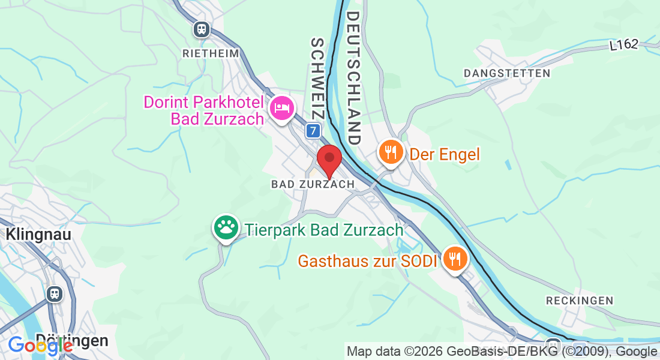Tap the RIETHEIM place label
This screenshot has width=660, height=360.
[x=211, y=53]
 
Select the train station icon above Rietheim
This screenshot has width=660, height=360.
[x=202, y=28]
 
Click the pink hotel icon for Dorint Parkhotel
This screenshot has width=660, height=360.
[x=281, y=108]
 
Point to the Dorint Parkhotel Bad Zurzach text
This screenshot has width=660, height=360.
[x=204, y=110]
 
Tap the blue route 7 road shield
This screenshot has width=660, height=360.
[x=312, y=130]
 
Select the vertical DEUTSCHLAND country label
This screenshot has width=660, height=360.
[x=353, y=77]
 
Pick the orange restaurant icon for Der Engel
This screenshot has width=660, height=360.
[x=391, y=152]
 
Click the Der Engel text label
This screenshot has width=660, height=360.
[x=445, y=155]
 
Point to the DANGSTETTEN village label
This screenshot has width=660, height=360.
[x=507, y=73]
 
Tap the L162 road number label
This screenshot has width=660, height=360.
[x=624, y=44]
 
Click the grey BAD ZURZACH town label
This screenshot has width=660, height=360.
[x=313, y=184]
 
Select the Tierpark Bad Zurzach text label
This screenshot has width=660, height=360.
[x=324, y=229]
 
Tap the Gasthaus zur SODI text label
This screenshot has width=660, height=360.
[x=368, y=261]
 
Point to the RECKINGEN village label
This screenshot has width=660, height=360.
[x=580, y=300]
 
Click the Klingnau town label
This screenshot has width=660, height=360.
[x=39, y=234]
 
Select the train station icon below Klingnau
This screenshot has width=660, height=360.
[x=55, y=293]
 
